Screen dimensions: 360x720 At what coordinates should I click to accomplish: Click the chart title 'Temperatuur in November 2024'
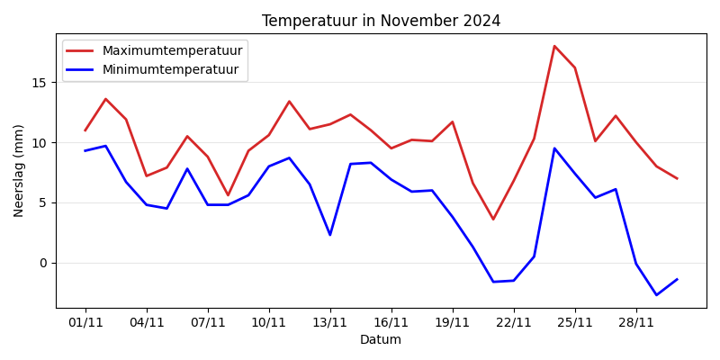(x=381, y=21)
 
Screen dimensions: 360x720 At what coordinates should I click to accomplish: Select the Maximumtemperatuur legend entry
(x=172, y=50)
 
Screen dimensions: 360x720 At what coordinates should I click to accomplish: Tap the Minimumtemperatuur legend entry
(x=170, y=69)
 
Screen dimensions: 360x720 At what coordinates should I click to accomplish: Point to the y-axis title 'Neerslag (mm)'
(x=19, y=170)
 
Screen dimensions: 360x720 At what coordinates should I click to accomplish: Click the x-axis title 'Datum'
(x=381, y=340)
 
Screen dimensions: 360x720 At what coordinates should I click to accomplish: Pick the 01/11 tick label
(x=85, y=322)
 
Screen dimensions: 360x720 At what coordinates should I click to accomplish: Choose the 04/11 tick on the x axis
(x=147, y=322)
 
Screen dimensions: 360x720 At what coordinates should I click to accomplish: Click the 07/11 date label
(x=208, y=322)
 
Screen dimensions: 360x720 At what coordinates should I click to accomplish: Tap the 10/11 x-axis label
(x=269, y=322)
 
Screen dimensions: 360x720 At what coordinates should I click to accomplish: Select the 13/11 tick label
(x=330, y=322)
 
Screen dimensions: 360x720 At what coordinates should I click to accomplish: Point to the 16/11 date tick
(x=391, y=322)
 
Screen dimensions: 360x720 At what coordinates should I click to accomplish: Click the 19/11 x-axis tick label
(x=453, y=322)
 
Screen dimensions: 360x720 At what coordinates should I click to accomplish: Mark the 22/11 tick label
(x=514, y=322)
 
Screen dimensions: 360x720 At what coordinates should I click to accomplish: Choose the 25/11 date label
(x=575, y=322)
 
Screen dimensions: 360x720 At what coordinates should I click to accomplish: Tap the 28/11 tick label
(x=636, y=322)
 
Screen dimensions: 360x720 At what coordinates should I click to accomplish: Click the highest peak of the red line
(x=554, y=46)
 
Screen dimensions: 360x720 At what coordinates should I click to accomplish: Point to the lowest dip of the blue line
(x=656, y=295)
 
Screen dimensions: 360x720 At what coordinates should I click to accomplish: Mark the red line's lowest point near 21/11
(x=493, y=220)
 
